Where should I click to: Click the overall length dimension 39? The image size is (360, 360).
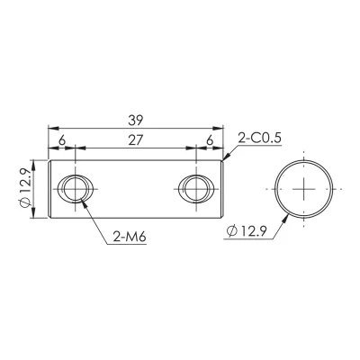tap(136, 121)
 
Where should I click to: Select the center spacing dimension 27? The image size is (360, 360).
tap(135, 140)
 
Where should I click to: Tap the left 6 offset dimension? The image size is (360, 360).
tap(61, 140)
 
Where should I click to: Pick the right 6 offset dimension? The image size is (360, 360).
tap(210, 140)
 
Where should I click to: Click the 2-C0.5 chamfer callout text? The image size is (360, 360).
tap(259, 139)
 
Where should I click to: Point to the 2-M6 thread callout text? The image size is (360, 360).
tap(130, 238)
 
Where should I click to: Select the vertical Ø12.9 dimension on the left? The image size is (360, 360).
tap(25, 188)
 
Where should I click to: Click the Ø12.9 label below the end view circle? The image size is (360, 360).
tap(247, 231)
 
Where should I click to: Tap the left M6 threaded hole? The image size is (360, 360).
tap(75, 189)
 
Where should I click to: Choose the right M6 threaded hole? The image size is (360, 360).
tap(195, 189)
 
